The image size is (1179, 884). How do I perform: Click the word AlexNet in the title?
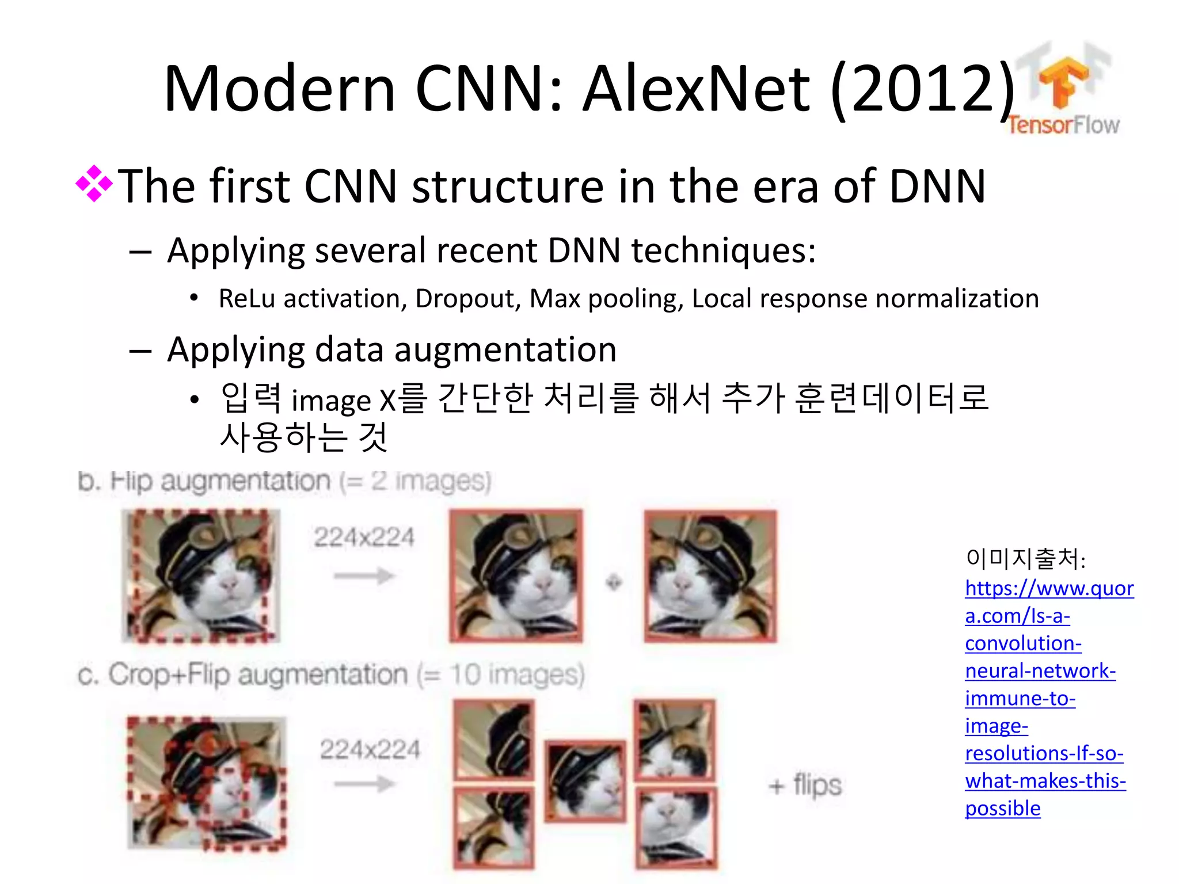697,89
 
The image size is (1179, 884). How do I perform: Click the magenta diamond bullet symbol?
94,184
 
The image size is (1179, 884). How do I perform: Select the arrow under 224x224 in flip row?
364,576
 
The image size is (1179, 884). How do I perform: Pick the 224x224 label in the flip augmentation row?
364,538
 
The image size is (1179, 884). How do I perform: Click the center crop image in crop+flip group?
585,780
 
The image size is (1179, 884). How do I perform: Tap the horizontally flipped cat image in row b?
710,576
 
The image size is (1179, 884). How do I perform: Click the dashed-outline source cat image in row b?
201,576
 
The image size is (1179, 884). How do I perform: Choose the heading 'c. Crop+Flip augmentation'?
331,675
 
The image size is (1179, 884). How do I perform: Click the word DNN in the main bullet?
937,186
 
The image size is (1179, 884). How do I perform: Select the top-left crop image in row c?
494,740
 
